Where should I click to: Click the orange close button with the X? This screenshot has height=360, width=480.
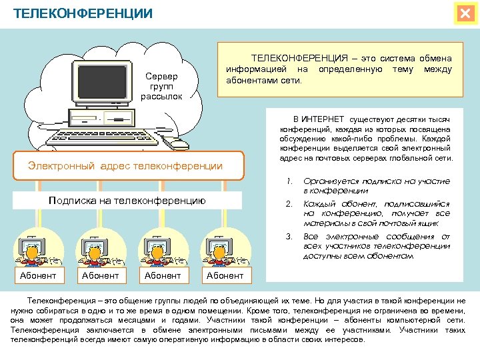464,14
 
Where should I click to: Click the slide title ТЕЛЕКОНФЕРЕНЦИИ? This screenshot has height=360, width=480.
83,13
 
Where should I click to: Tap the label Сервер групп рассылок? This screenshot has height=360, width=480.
161,87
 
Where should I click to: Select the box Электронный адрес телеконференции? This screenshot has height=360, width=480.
125,165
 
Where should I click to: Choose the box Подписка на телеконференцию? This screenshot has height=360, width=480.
127,200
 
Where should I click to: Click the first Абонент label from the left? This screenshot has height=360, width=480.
38,275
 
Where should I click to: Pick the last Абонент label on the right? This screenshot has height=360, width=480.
225,275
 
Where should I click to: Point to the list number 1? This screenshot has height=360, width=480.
289,181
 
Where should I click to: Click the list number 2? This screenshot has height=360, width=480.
289,204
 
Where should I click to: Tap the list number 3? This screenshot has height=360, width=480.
289,237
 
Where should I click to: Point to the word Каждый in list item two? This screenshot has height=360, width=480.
320,204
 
